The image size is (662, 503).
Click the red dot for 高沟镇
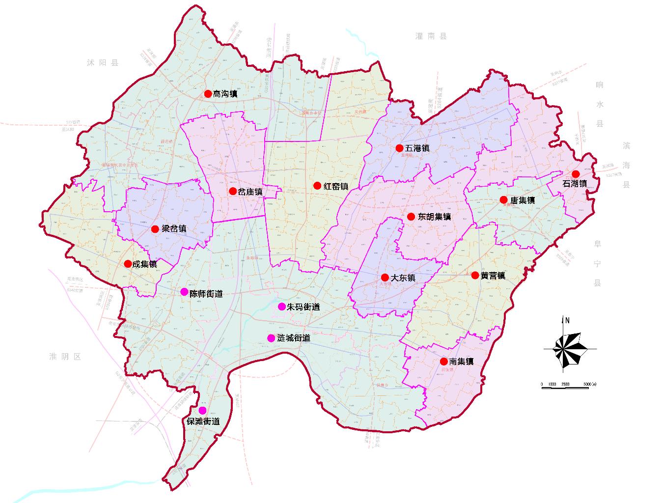coord(208,93)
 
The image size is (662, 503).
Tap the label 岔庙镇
coord(250,192)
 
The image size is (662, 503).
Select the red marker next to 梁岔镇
coord(155,229)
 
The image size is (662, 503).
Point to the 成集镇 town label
coord(145,264)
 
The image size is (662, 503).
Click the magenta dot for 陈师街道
coord(184,292)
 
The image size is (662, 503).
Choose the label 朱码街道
coord(303,307)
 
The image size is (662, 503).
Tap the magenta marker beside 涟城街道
coord(271,338)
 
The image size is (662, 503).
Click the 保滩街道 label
coord(202,421)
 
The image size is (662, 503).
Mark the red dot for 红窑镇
coord(317,186)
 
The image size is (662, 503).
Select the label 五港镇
coord(417,148)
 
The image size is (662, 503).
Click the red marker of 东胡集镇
coord(411,216)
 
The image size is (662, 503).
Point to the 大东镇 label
coord(403,278)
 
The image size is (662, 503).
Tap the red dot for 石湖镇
coord(575,174)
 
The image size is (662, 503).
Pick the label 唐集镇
coord(523,200)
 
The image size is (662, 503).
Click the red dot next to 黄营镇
coord(475,275)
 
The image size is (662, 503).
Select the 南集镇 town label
coord(461,362)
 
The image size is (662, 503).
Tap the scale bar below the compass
coord(565,388)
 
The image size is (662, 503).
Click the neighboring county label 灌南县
coord(431,36)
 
